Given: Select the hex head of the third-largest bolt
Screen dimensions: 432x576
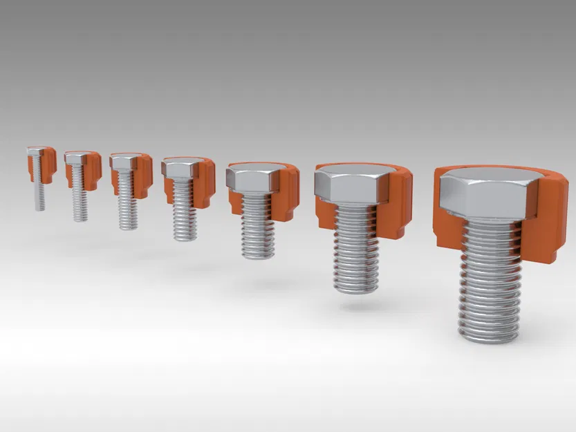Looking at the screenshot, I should [x=252, y=179].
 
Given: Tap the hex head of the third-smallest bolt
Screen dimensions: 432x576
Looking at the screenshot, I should [x=124, y=162].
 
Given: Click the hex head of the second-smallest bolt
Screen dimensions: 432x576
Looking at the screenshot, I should [x=77, y=158].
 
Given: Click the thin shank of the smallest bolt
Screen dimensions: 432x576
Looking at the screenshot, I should [x=40, y=194].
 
